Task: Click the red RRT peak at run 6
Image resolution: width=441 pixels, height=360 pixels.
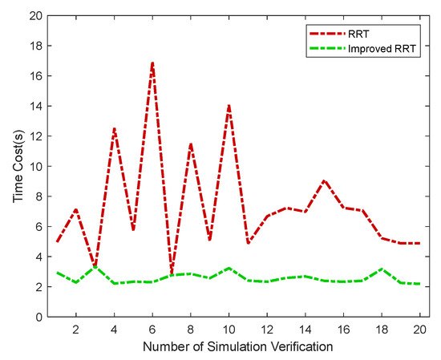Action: [x=152, y=63]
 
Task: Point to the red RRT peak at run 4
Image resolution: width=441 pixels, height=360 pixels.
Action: [x=114, y=128]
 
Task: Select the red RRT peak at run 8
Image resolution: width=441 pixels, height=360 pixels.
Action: [x=191, y=144]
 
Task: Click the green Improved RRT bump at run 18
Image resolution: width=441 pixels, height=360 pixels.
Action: [x=382, y=269]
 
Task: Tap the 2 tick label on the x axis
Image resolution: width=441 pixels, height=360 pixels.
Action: [x=75, y=329]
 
